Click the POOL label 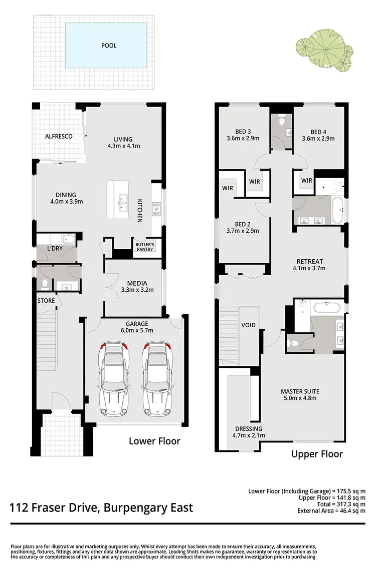tap(109, 46)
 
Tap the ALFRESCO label tap(59, 136)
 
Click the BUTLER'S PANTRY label tap(145, 246)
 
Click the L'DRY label tap(54, 249)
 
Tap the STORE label tap(46, 301)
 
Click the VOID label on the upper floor tap(248, 325)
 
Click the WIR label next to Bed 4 tap(307, 180)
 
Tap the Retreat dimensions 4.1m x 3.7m tap(309, 268)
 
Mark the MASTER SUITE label tap(300, 391)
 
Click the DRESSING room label tap(248, 429)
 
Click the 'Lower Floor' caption tap(154, 441)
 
